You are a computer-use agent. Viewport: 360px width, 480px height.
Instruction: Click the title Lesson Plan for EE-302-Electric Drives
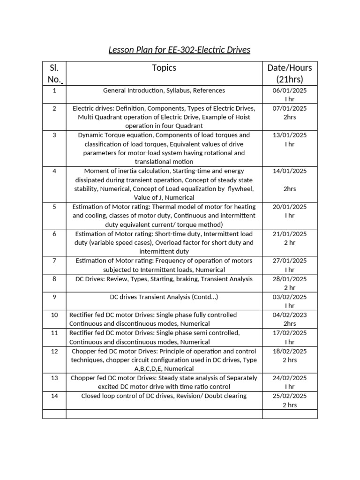point(180,50)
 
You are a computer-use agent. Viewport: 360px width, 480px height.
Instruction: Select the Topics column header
point(164,68)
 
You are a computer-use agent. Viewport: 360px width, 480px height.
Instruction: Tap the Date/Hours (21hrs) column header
point(290,73)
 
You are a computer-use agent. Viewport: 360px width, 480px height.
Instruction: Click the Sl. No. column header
point(54,73)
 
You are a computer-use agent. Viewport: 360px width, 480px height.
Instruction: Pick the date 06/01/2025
point(290,90)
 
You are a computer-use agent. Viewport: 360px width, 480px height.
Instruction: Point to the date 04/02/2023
point(290,315)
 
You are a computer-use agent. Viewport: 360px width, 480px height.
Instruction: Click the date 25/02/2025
point(290,396)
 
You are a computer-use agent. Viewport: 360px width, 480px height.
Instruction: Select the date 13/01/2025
point(290,135)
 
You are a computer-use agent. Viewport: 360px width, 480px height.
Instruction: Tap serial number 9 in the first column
point(54,297)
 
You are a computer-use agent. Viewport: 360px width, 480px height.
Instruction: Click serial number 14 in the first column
point(54,396)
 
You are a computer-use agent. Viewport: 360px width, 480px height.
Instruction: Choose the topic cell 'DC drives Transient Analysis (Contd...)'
point(164,297)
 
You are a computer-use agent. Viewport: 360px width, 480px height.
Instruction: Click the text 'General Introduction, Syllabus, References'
point(164,90)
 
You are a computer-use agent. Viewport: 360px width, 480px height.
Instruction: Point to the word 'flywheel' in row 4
point(241,189)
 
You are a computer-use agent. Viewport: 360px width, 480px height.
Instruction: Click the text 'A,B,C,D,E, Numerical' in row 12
point(164,369)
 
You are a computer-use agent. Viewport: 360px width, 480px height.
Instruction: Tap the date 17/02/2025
point(290,333)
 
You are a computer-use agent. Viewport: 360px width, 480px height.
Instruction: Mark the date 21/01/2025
point(290,234)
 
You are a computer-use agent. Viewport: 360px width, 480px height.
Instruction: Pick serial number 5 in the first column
point(54,207)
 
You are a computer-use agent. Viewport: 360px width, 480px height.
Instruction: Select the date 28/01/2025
point(290,279)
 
